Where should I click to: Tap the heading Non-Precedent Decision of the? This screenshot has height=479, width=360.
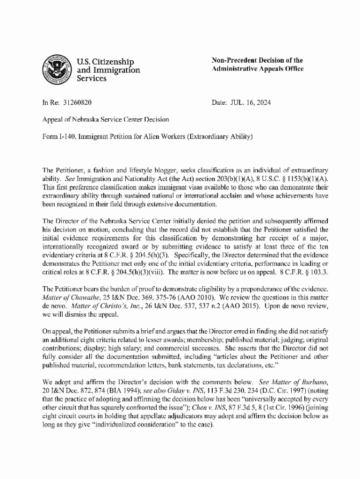(257, 60)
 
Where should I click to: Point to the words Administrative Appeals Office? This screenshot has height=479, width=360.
(258, 69)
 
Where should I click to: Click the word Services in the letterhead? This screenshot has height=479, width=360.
(91, 79)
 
